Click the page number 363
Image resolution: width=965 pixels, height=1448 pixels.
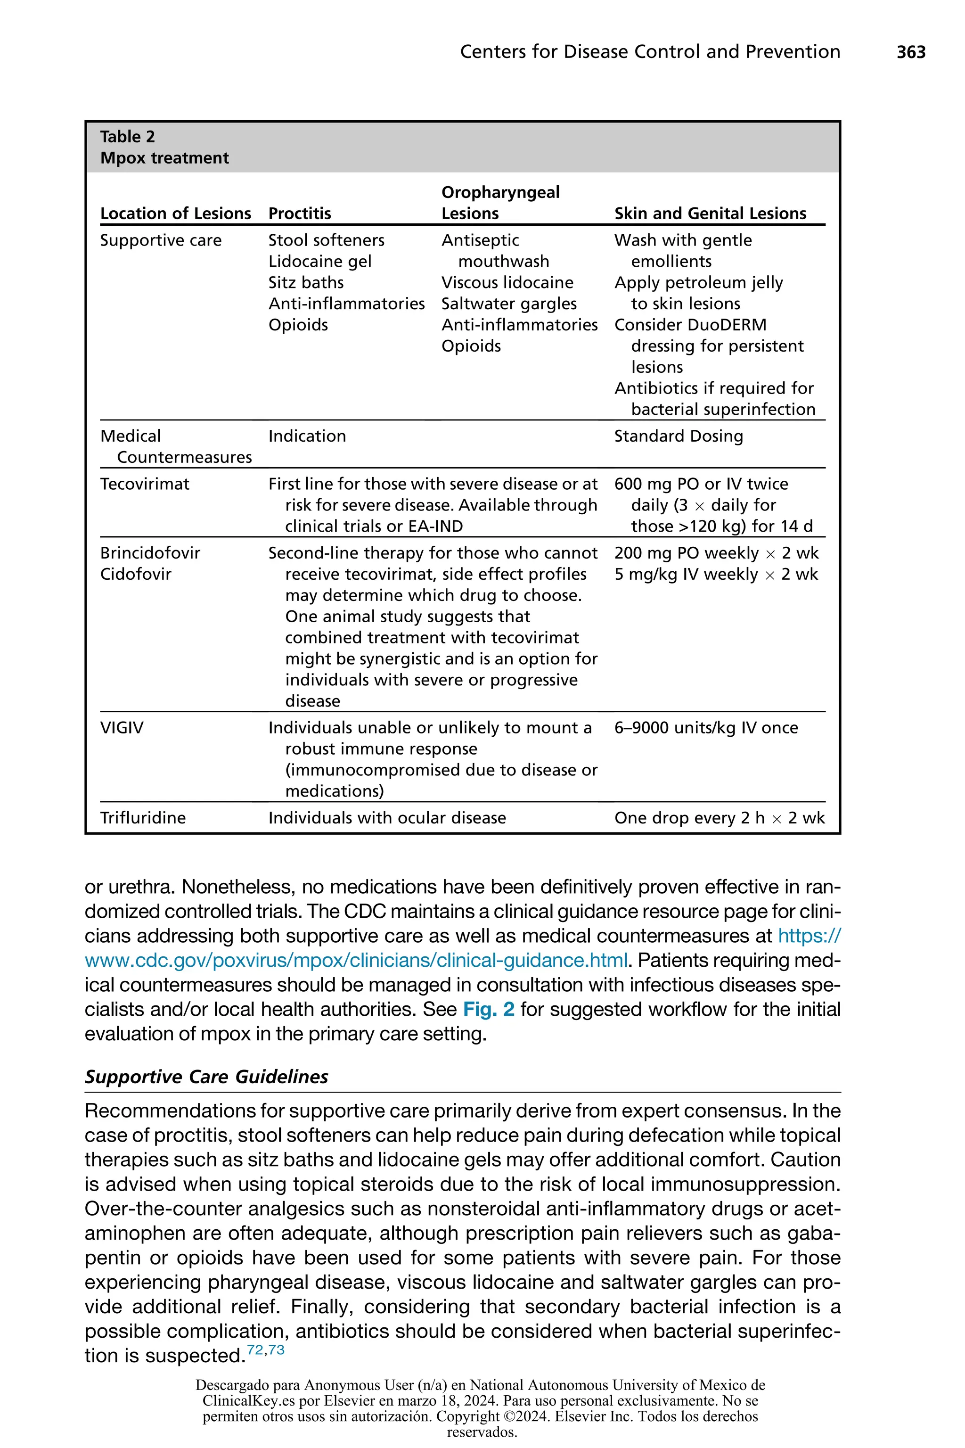click(911, 52)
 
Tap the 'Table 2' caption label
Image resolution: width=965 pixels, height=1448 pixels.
click(127, 137)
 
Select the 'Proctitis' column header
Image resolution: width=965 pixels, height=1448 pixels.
click(300, 214)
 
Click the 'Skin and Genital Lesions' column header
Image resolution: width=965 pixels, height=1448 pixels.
click(710, 214)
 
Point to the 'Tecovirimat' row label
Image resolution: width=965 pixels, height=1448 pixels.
click(145, 484)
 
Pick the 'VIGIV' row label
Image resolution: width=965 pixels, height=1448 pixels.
click(122, 728)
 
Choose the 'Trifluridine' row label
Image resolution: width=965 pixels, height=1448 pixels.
click(143, 818)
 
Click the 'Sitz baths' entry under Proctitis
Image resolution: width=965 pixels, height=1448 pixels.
click(306, 283)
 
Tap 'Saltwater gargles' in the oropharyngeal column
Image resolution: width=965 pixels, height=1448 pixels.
click(509, 304)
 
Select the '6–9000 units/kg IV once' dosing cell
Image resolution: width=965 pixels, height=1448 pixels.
click(706, 728)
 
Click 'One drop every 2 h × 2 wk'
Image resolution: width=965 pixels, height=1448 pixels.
click(719, 818)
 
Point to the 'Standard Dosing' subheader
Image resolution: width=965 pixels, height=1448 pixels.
click(678, 436)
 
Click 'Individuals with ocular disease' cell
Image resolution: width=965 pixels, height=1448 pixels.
click(387, 818)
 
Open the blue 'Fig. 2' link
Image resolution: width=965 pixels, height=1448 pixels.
click(489, 1009)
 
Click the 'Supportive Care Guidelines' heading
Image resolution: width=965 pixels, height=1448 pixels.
click(206, 1076)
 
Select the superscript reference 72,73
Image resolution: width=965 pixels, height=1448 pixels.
click(265, 1350)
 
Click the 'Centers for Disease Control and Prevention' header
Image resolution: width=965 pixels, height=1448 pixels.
click(650, 52)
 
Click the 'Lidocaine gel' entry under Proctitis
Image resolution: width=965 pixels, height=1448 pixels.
click(320, 262)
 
